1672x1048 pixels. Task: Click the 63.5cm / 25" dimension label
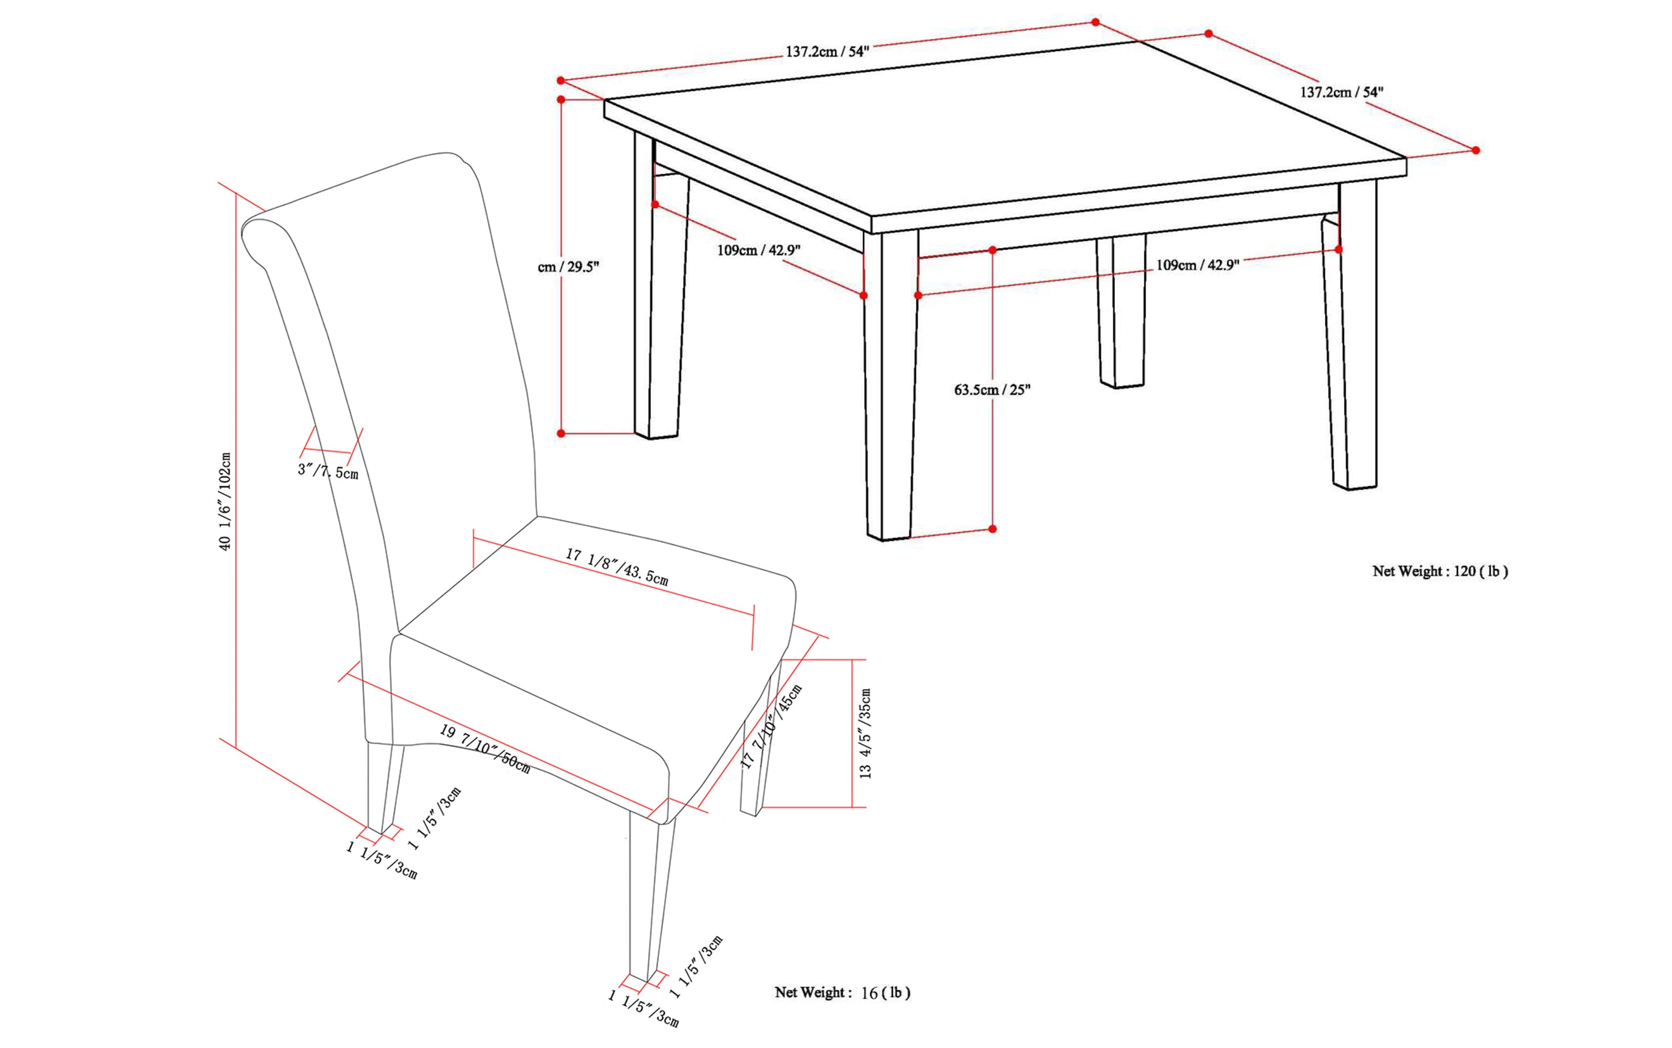tap(991, 390)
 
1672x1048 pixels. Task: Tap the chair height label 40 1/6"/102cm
tap(225, 501)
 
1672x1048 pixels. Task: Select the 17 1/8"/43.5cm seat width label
tap(616, 567)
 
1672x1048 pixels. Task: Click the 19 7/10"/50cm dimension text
tap(485, 749)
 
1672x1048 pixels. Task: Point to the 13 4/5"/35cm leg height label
tap(865, 734)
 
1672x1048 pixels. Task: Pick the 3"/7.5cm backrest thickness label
tap(327, 471)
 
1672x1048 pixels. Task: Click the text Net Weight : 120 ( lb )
tap(1439, 571)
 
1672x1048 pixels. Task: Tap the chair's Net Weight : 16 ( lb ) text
tap(842, 992)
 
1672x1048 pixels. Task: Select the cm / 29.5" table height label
tap(568, 267)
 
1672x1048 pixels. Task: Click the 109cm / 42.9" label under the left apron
tap(758, 250)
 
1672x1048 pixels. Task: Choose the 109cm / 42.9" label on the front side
tap(1197, 265)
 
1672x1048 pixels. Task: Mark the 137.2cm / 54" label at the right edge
tap(1341, 92)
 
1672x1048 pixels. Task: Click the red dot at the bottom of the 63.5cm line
tap(992, 529)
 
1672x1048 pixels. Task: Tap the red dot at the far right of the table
tap(1475, 151)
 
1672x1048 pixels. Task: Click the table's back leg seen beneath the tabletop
tap(1121, 312)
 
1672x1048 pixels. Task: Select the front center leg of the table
tap(890, 388)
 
